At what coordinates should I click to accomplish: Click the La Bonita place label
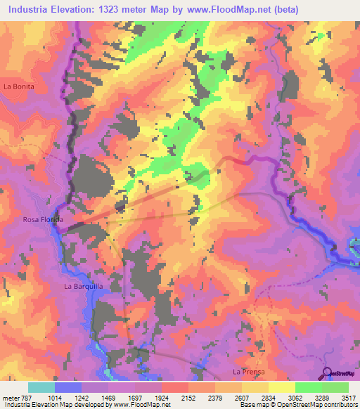coord(18,86)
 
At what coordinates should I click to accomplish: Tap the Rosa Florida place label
coord(43,220)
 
